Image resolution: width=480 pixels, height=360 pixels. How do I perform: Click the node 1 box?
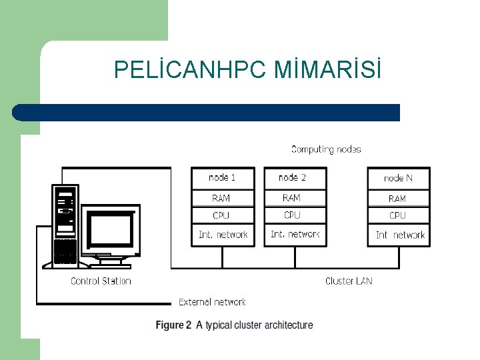click(223, 177)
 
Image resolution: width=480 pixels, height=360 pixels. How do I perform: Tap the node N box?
click(399, 178)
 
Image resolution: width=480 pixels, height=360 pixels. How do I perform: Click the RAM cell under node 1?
click(223, 198)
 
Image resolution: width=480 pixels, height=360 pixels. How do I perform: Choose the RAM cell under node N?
click(399, 199)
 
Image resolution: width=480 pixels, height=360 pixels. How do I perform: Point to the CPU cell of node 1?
click(223, 215)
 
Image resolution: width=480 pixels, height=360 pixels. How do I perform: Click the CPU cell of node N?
click(399, 215)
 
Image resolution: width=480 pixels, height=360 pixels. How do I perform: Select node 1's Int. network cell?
click(223, 235)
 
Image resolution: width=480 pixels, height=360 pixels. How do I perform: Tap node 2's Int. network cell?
click(295, 235)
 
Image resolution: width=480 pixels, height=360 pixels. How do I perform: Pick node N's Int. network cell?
click(399, 235)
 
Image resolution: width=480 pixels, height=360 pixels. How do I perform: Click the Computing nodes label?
click(326, 149)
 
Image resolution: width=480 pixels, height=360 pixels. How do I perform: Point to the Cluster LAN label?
click(349, 281)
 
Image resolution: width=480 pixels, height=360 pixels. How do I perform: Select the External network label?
click(212, 302)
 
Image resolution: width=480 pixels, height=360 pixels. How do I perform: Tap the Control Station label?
click(101, 281)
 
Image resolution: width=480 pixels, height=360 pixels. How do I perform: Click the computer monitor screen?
click(111, 230)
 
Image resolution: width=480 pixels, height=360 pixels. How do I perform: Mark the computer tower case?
click(65, 225)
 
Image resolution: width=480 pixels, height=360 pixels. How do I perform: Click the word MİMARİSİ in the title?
click(328, 69)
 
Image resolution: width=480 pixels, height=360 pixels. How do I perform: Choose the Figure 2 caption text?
click(234, 325)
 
